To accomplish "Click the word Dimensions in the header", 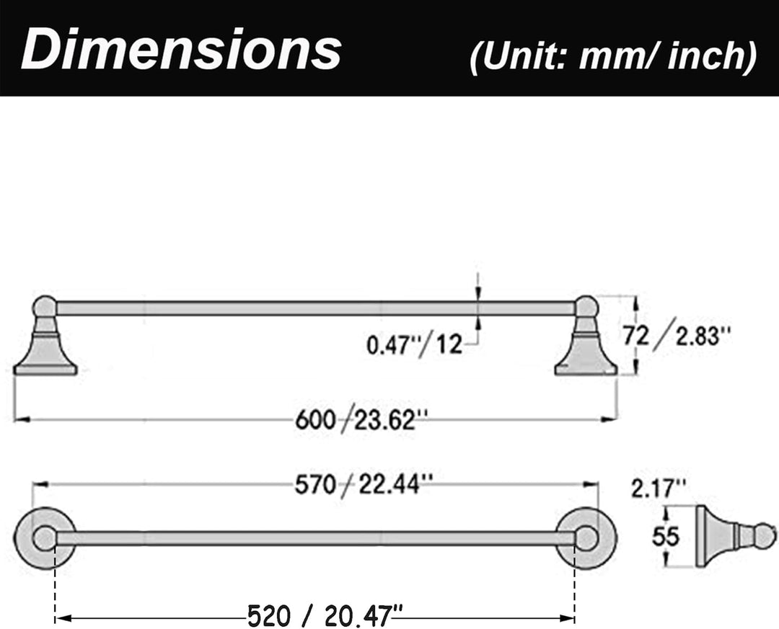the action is click(x=181, y=49).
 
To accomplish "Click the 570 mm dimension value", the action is click(x=315, y=484).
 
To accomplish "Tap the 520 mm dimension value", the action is click(x=269, y=616).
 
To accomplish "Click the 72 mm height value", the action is click(x=636, y=336).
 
